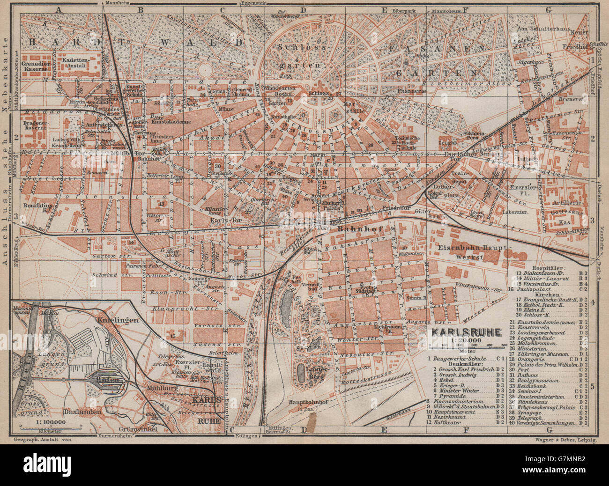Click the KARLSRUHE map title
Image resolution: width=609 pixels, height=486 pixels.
(x=465, y=334)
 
